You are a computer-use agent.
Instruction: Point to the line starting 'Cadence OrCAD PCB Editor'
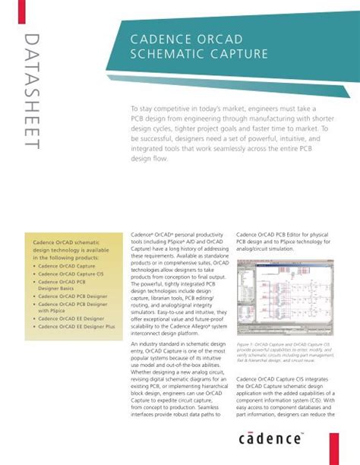click(281, 235)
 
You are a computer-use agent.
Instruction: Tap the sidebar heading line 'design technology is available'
click(69, 251)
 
